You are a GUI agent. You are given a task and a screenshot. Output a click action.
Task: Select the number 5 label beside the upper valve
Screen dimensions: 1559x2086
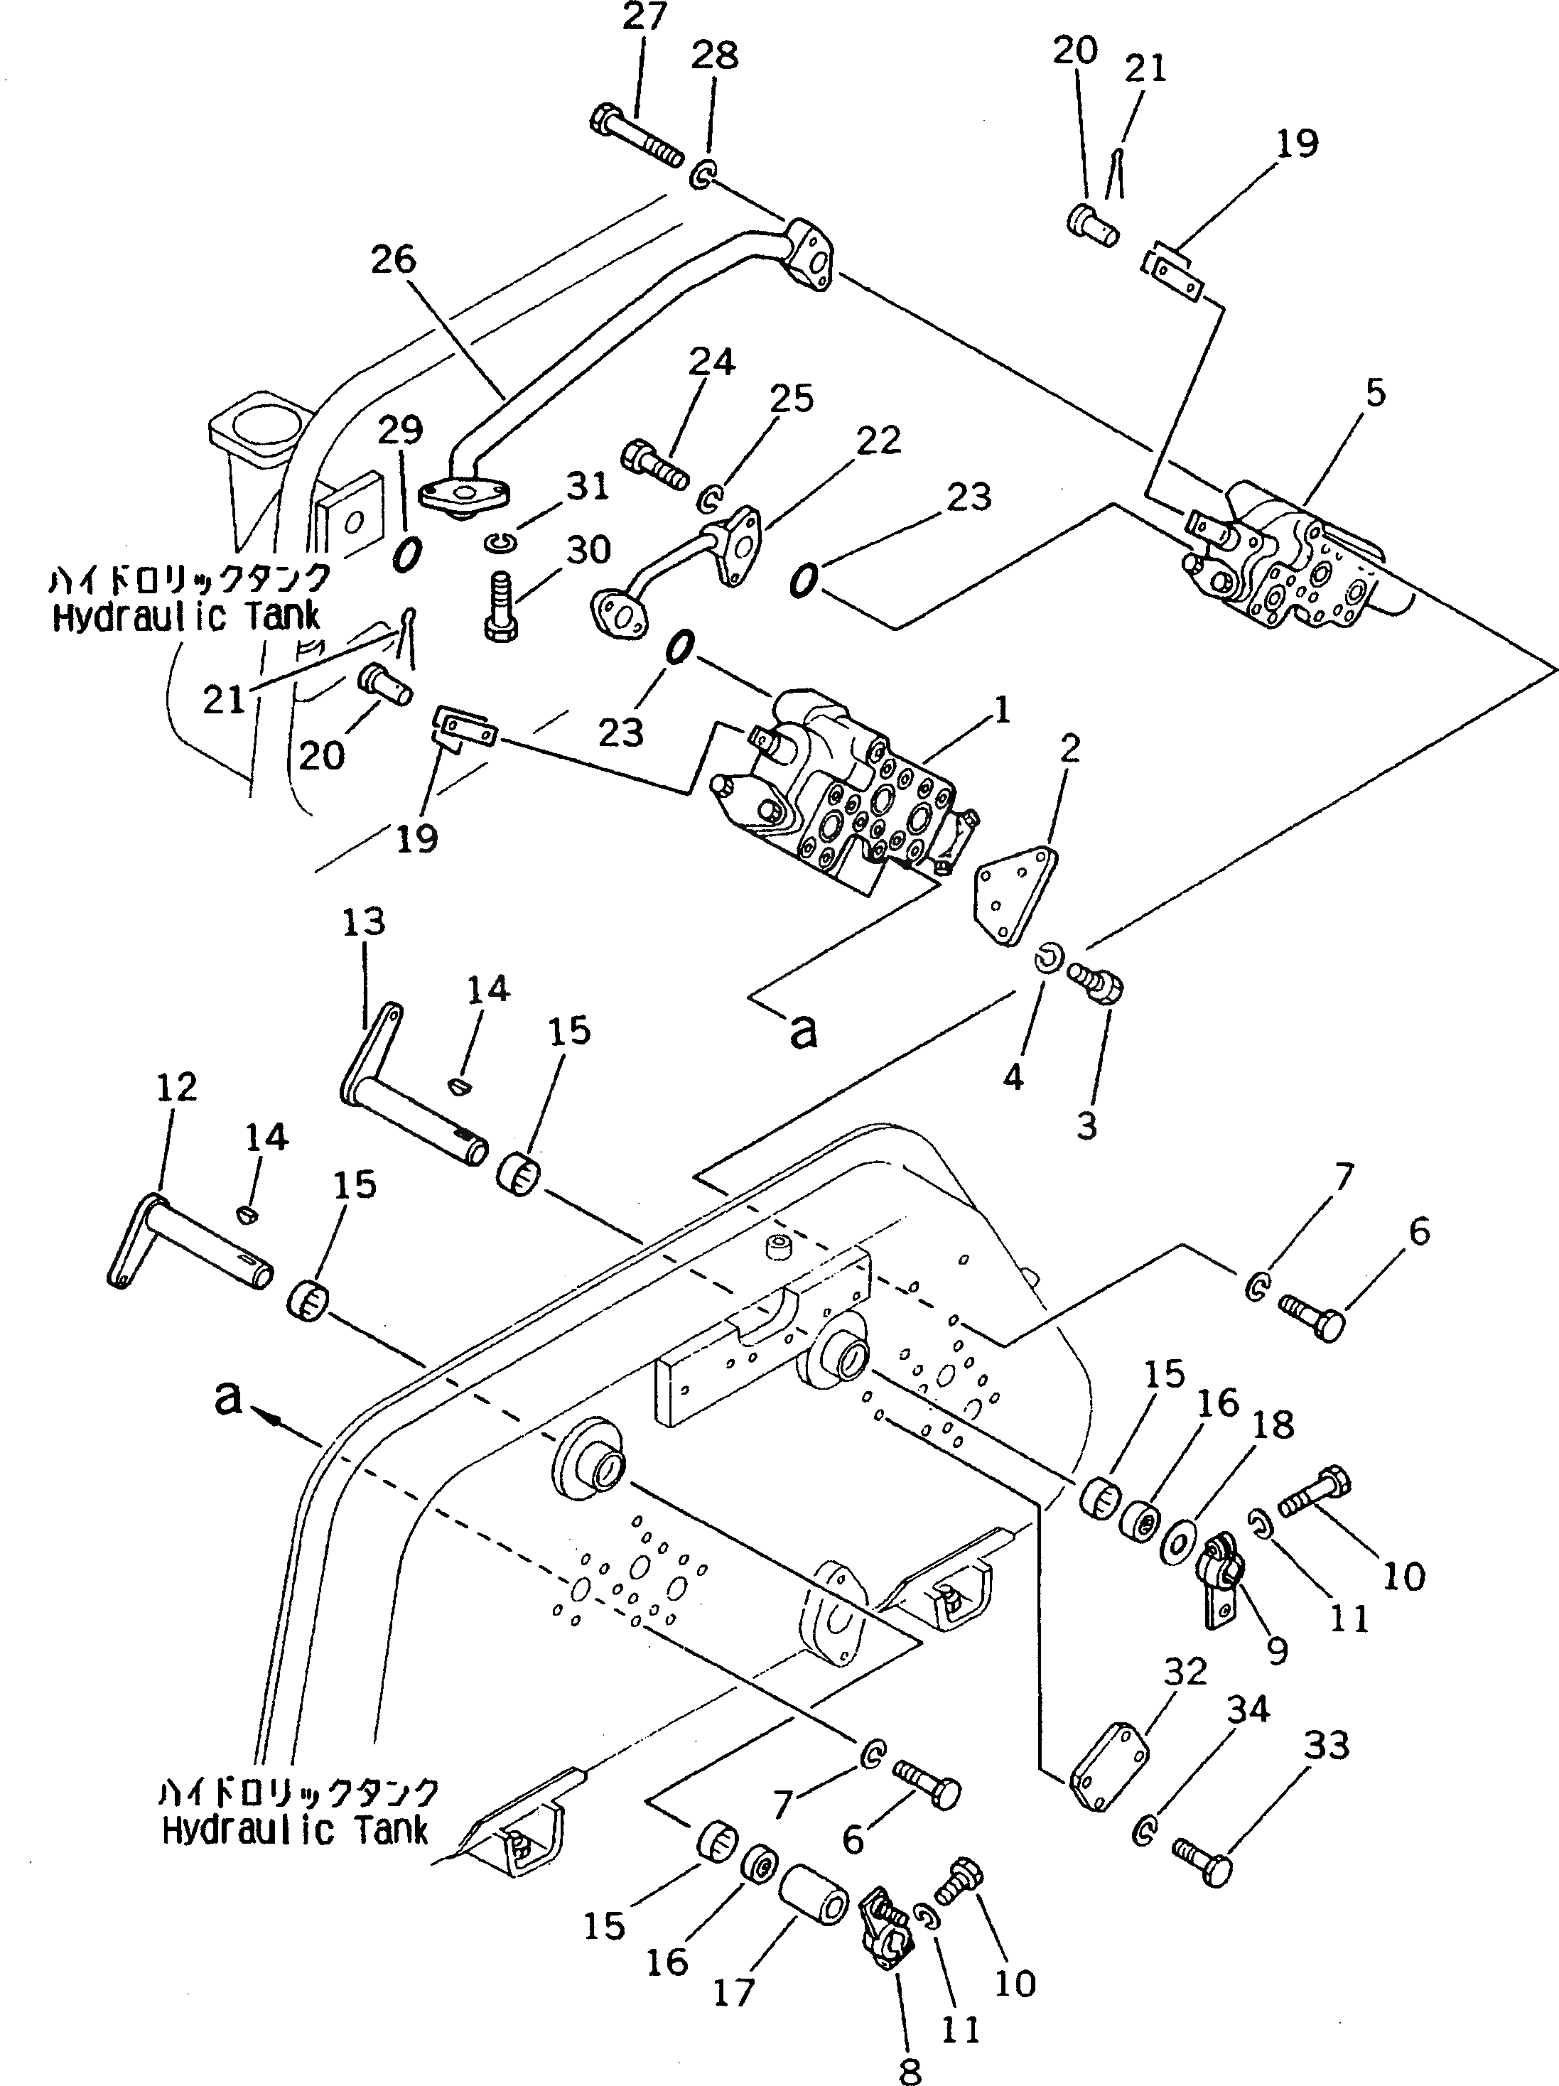coord(1376,392)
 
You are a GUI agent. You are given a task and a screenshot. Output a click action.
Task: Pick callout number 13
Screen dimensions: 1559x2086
coord(364,922)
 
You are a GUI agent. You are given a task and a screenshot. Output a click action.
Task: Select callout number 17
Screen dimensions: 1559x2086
coord(734,1993)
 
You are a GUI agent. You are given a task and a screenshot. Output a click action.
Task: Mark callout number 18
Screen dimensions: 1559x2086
coord(1274,1425)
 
